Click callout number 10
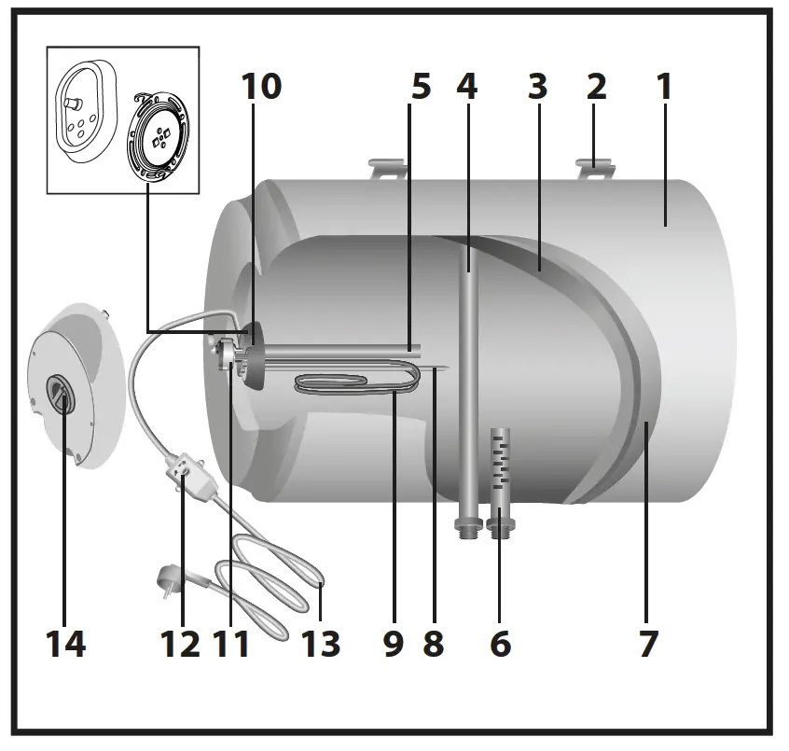pyautogui.click(x=260, y=87)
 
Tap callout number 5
pyautogui.click(x=421, y=87)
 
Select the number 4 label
pyautogui.click(x=467, y=87)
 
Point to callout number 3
pyautogui.click(x=536, y=87)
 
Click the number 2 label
pyautogui.click(x=597, y=87)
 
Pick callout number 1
pyautogui.click(x=664, y=87)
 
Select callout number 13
pyautogui.click(x=321, y=643)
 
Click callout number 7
pyautogui.click(x=648, y=643)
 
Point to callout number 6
pyautogui.click(x=501, y=643)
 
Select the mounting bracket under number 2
pyautogui.click(x=598, y=169)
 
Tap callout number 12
pyautogui.click(x=180, y=643)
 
